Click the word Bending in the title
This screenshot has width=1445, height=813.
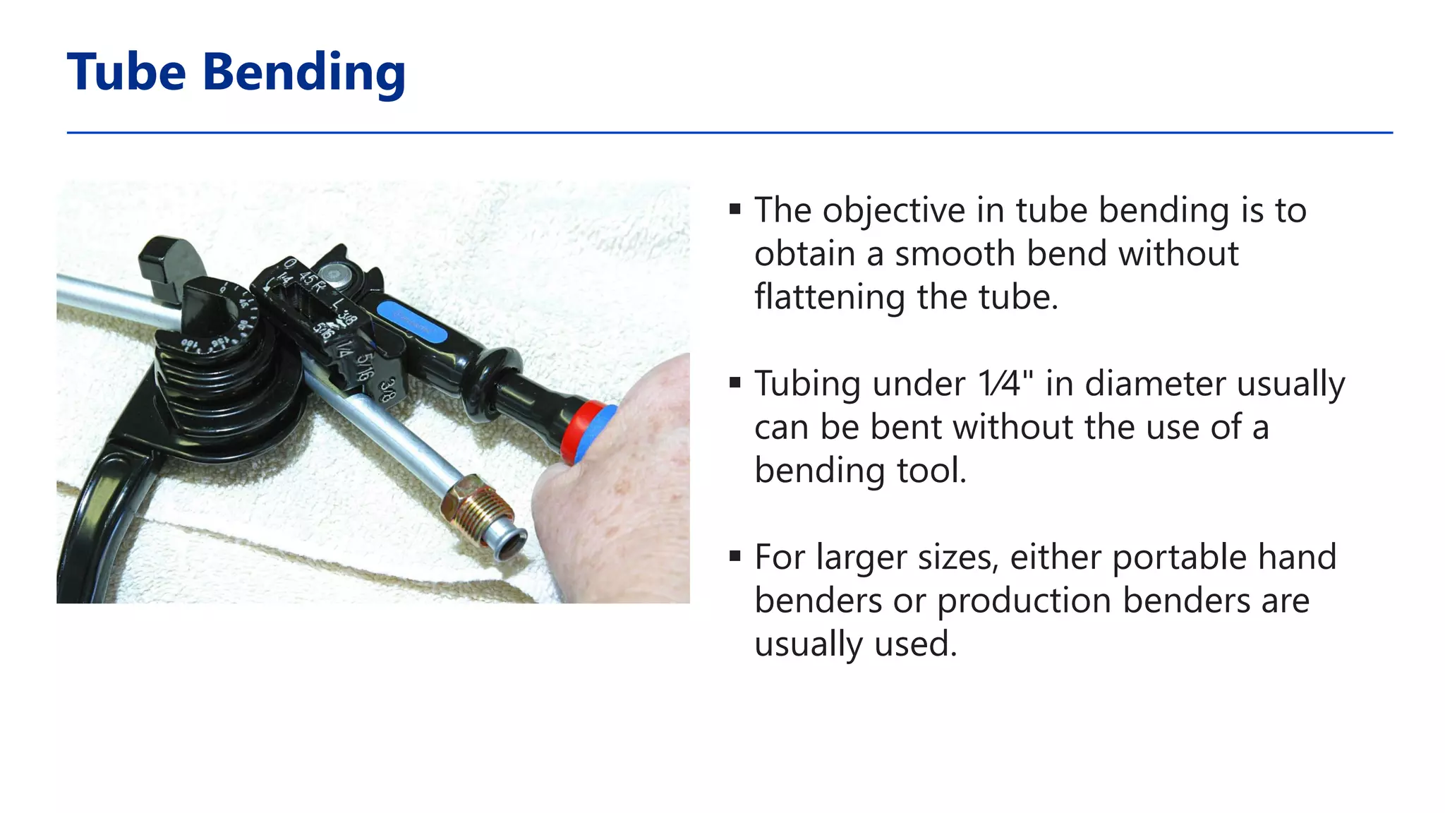[304, 74]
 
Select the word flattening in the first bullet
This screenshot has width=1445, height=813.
[830, 297]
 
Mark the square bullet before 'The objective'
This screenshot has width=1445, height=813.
[735, 209]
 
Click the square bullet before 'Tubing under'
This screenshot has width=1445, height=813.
[735, 383]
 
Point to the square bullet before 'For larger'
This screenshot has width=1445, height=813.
[735, 556]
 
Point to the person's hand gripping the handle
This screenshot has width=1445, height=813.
[621, 487]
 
